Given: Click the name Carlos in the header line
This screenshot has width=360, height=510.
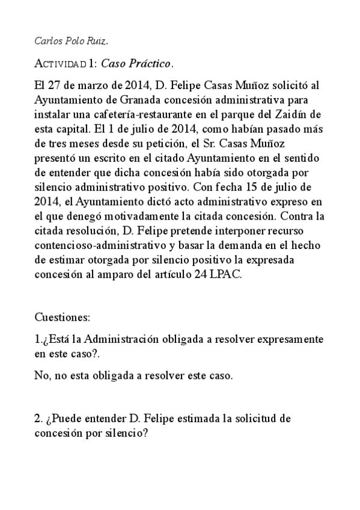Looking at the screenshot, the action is click(x=48, y=41).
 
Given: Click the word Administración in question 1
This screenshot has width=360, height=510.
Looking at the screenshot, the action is click(x=108, y=340).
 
